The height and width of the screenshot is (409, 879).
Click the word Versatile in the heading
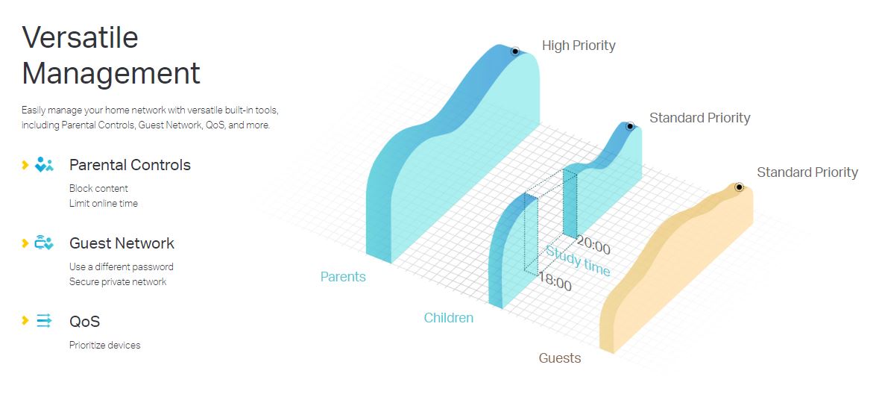80,38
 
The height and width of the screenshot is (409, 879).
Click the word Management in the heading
111,73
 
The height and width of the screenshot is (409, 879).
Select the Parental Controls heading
130,165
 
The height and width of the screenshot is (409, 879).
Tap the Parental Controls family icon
44,164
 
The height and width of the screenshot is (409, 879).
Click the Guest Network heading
122,243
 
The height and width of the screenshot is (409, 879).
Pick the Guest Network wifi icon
44,243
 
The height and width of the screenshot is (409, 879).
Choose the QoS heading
85,322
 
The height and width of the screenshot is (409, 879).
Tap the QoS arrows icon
44,321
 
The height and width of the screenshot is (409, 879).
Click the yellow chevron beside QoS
25,321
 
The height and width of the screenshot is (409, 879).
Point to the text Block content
98,189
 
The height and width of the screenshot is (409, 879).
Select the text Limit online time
104,203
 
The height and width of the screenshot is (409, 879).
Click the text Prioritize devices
105,345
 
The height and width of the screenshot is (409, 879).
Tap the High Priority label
579,46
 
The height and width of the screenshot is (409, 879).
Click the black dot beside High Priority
514,51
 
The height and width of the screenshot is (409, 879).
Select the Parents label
343,277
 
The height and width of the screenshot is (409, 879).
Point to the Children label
449,318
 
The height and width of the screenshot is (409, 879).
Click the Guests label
559,358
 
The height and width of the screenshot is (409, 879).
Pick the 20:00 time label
593,246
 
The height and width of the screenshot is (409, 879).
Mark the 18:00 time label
555,282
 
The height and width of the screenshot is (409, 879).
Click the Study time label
578,261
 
